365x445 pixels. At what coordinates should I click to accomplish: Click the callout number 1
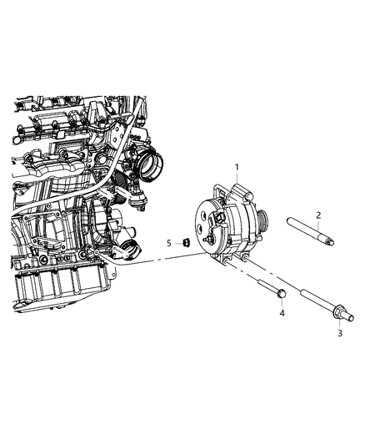[237, 167]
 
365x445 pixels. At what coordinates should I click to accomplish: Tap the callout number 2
[318, 215]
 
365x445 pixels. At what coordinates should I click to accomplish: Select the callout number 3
[339, 333]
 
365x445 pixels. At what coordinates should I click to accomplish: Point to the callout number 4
[282, 313]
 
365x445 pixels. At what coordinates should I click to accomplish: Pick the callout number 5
[168, 243]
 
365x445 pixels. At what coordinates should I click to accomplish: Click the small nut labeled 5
[187, 243]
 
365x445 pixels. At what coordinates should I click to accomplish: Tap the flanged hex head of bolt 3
[338, 313]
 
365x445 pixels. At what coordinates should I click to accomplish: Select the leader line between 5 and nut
[177, 243]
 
